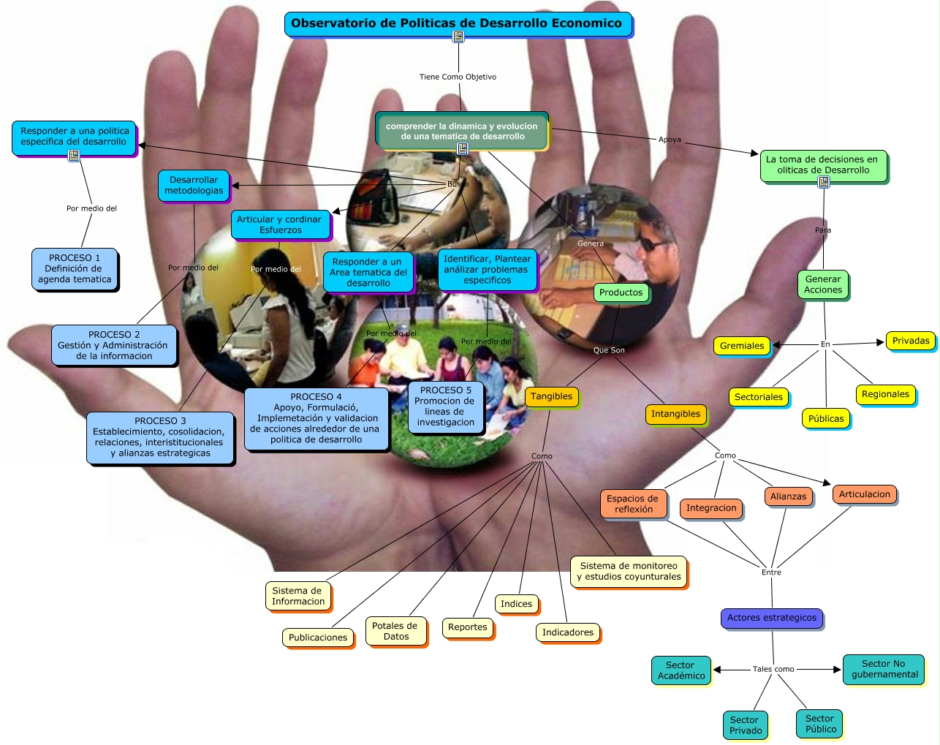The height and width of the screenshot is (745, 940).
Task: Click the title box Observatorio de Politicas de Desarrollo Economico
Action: pyautogui.click(x=457, y=23)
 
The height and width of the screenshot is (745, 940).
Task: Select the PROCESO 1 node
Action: pyautogui.click(x=75, y=268)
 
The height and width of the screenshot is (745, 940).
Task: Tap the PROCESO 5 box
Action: pyautogui.click(x=445, y=406)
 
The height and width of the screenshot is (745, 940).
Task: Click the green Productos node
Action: pyautogui.click(x=621, y=292)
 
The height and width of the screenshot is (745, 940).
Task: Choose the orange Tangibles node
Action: pyautogui.click(x=551, y=396)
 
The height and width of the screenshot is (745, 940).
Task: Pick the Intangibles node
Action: pyautogui.click(x=675, y=414)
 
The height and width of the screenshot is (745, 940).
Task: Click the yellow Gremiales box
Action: pyautogui.click(x=741, y=346)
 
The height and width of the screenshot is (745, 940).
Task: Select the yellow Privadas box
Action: pyautogui.click(x=910, y=341)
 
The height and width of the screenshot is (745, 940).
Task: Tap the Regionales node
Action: pyautogui.click(x=885, y=394)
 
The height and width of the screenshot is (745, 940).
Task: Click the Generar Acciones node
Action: pyautogui.click(x=823, y=284)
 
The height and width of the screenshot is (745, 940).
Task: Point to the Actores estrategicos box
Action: pyautogui.click(x=771, y=618)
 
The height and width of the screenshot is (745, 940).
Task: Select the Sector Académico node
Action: pyautogui.click(x=681, y=670)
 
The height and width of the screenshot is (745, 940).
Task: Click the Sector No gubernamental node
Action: pyautogui.click(x=884, y=669)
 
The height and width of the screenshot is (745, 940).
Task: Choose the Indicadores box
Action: pyautogui.click(x=567, y=632)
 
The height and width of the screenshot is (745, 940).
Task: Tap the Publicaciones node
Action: pyautogui.click(x=317, y=638)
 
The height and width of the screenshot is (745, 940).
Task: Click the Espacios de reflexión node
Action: pyautogui.click(x=633, y=504)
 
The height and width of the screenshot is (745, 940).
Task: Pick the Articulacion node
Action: pyautogui.click(x=864, y=494)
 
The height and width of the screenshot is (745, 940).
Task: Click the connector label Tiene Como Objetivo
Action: pyautogui.click(x=458, y=77)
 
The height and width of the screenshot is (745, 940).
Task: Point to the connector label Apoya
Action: pyautogui.click(x=670, y=140)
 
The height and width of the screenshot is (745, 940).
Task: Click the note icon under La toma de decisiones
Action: pyautogui.click(x=824, y=182)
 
